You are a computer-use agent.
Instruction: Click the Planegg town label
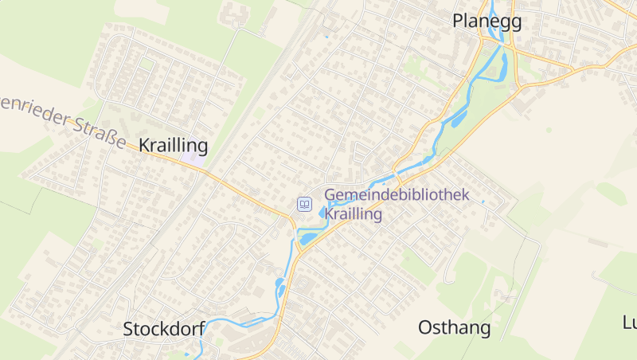point(487,22)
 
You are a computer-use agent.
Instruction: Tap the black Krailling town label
point(173,145)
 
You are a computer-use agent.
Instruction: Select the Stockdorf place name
point(164,328)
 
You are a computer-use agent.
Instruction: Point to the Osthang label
point(454,327)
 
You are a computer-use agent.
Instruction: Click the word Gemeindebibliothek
point(397,194)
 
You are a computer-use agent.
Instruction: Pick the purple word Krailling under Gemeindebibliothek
point(354,214)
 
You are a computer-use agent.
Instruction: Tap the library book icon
point(303,205)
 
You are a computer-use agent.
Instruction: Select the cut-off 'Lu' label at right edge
point(629,322)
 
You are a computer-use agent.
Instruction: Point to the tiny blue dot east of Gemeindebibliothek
point(483,202)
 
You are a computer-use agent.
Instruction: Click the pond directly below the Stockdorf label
point(188,354)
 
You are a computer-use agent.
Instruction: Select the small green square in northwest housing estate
point(147,64)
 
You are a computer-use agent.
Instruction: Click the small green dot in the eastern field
point(549,128)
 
